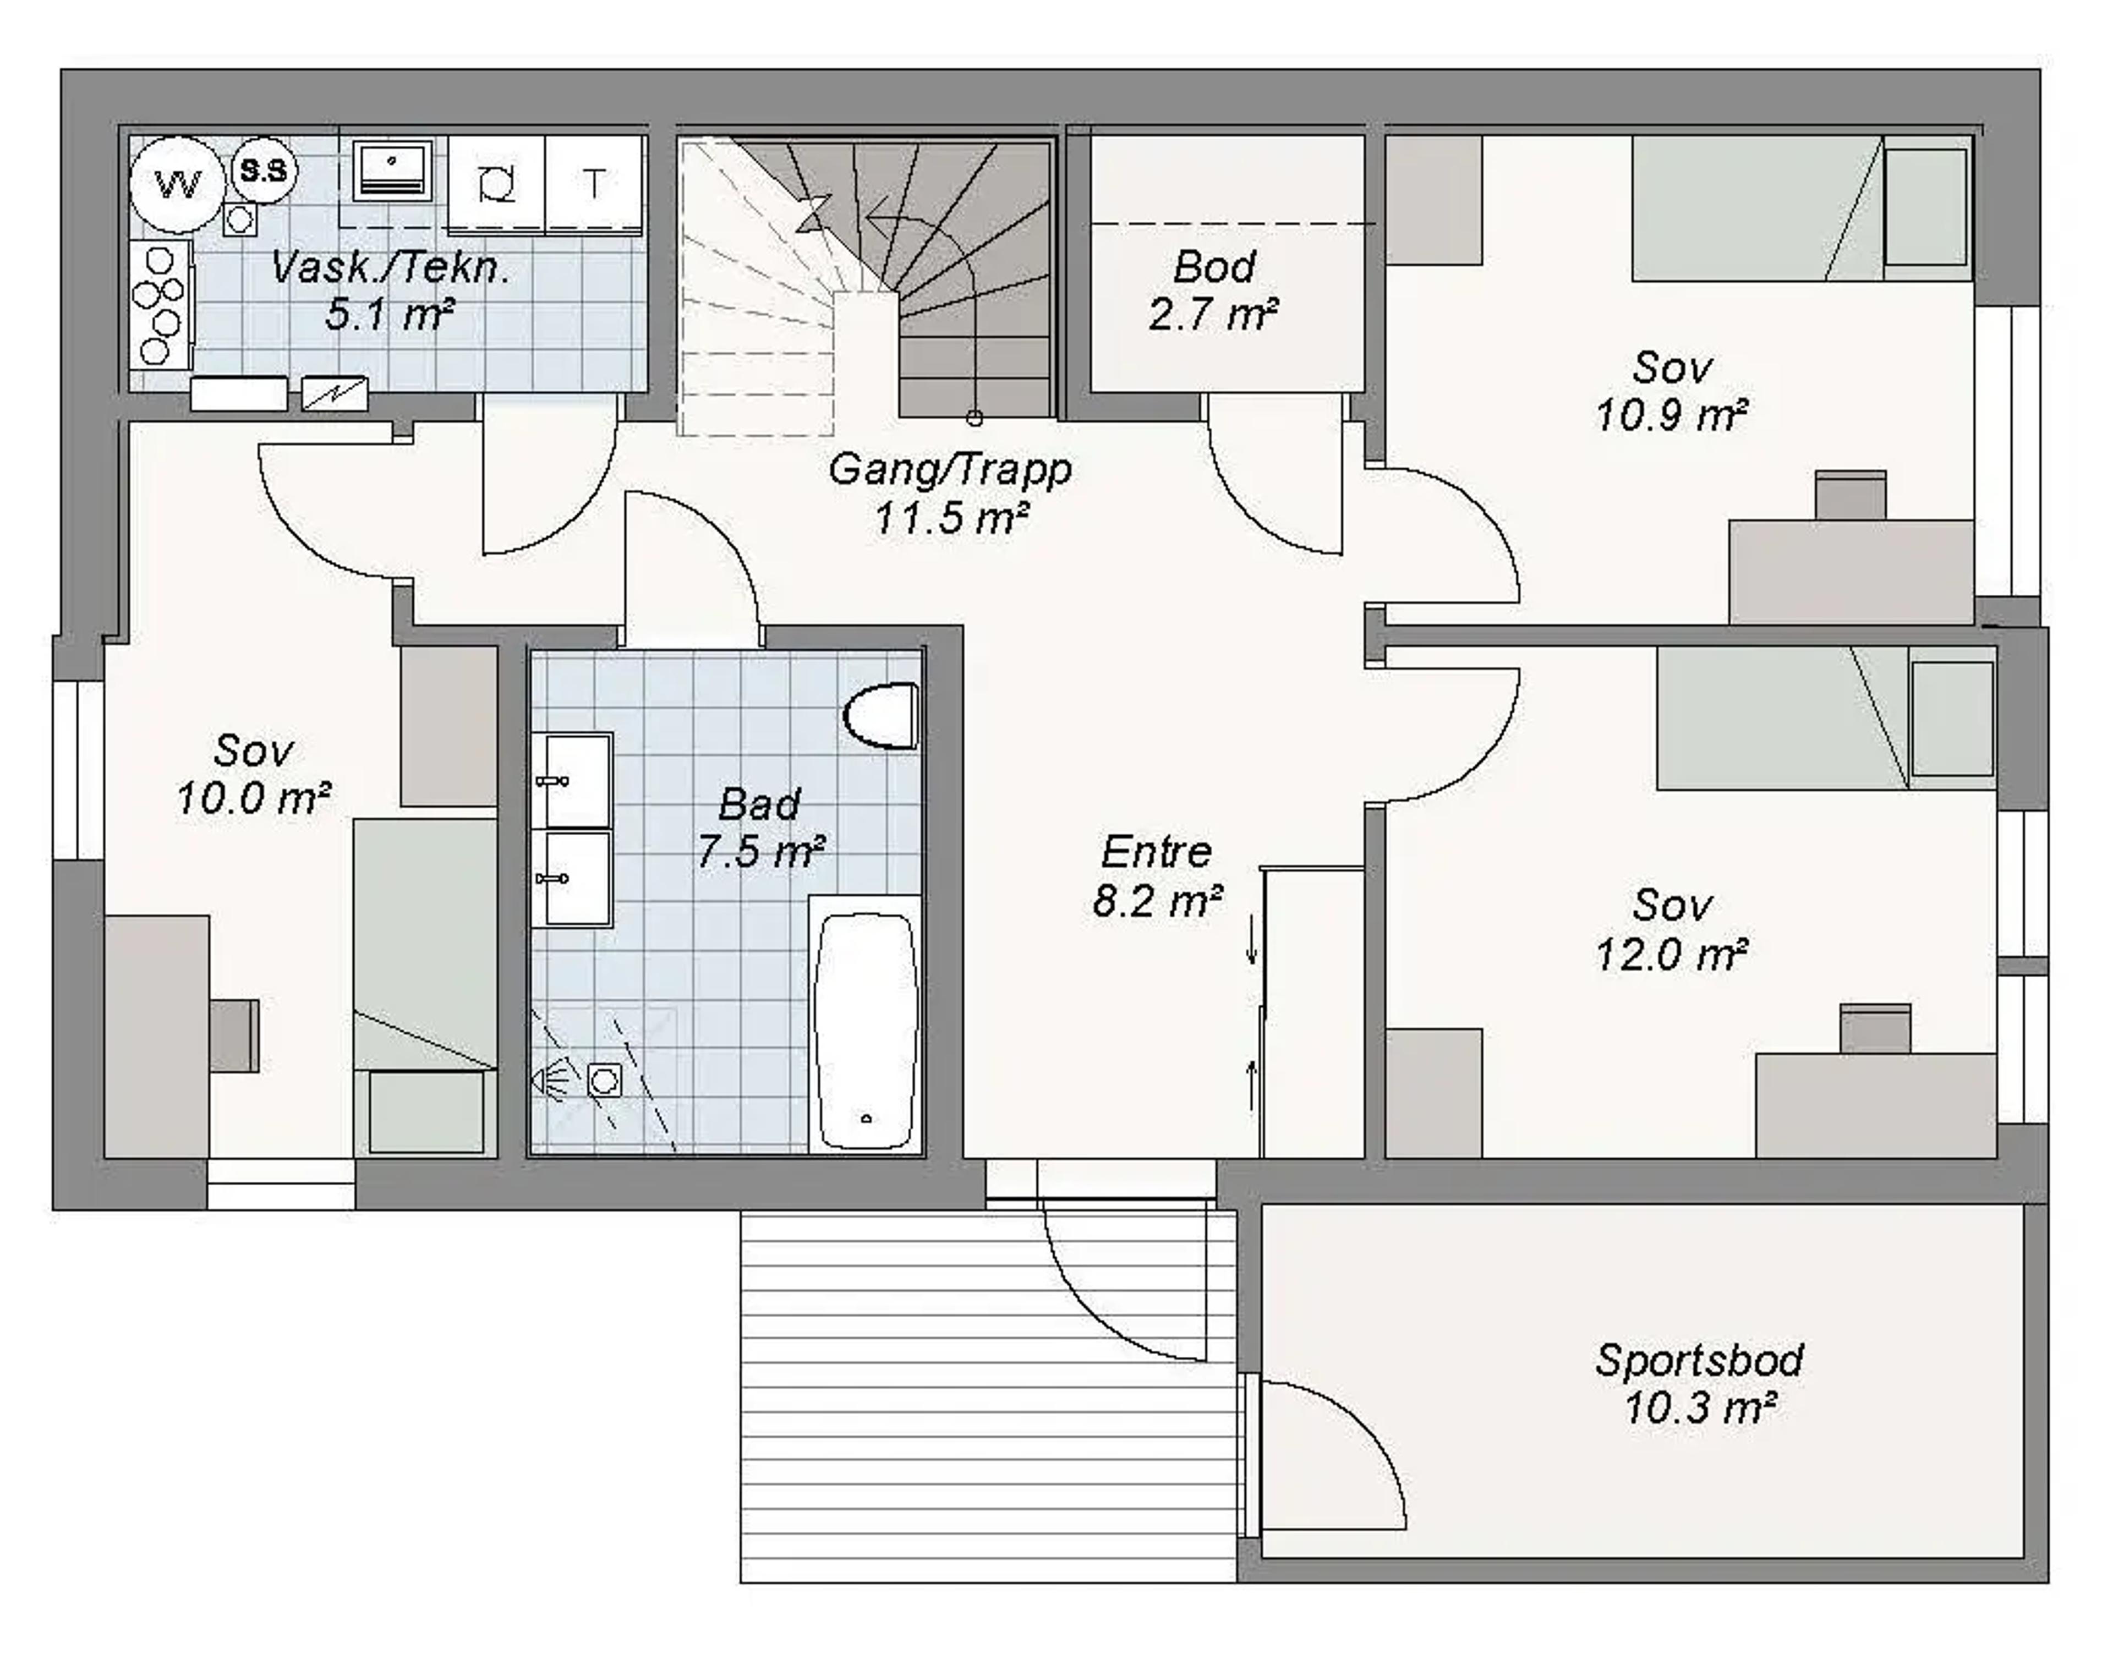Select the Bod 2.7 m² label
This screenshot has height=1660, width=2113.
[1213, 289]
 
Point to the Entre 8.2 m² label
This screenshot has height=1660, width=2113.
[1157, 876]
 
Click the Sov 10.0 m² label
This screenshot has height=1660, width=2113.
[253, 775]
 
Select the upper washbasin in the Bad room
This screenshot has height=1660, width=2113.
[573, 780]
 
